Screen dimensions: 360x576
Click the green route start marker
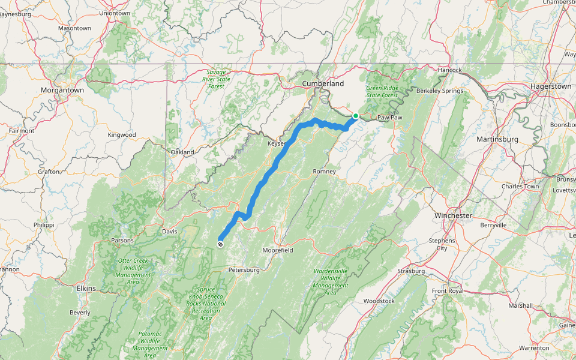[356, 116]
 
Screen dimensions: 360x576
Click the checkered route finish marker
[221, 244]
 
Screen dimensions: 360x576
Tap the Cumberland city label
[323, 83]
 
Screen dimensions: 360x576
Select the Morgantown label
[62, 89]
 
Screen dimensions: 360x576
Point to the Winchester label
[453, 215]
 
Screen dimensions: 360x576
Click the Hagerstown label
[551, 86]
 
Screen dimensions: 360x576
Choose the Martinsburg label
[497, 139]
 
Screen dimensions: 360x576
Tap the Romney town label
[324, 172]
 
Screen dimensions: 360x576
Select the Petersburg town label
[244, 270]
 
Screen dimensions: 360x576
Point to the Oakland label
[182, 152]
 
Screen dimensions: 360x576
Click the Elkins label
[86, 289]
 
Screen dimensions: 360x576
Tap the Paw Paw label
[389, 118]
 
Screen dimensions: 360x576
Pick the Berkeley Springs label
[440, 91]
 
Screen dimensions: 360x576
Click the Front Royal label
[448, 291]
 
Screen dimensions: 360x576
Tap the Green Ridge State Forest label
[382, 92]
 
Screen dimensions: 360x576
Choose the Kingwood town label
[122, 134]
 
